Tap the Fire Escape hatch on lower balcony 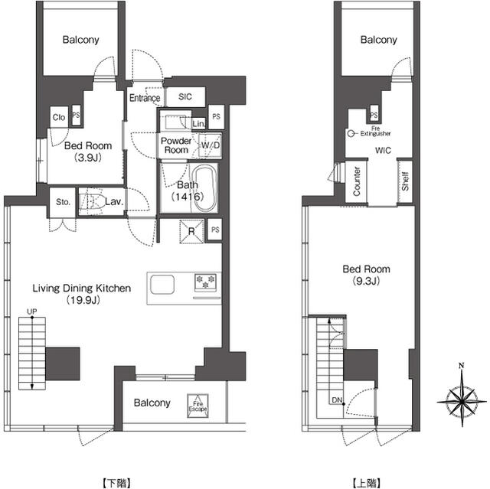point(198,406)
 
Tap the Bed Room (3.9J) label point(87,152)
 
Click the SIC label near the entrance point(185,97)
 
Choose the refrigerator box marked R point(190,229)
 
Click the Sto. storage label point(62,203)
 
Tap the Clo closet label point(58,117)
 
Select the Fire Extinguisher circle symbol point(351,132)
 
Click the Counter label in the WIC point(357,182)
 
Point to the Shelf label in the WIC point(405,182)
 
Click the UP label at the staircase point(31,312)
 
